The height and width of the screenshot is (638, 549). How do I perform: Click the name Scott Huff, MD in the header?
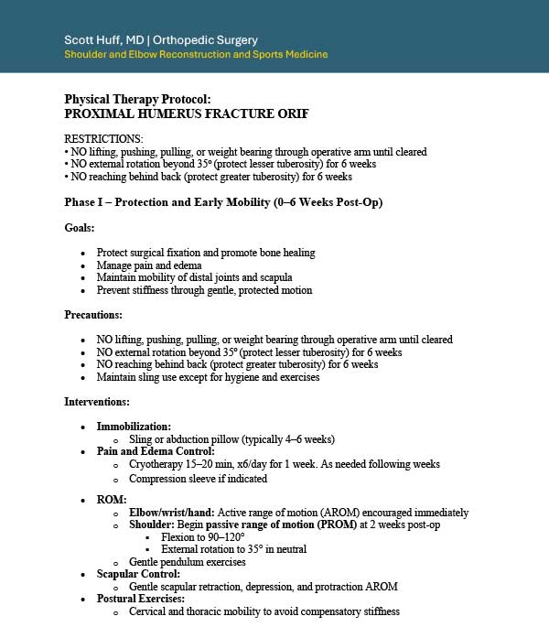tap(104, 39)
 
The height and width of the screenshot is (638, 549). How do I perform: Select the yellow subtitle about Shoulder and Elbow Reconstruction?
tap(196, 55)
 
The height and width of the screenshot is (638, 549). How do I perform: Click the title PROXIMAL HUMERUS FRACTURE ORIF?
tap(186, 114)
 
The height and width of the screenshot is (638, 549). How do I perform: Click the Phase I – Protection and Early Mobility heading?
tap(223, 202)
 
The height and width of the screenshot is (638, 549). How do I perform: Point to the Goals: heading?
tap(80, 228)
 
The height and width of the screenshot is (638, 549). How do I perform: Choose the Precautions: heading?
tap(92, 314)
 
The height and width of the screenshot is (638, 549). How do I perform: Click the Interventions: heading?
tap(97, 401)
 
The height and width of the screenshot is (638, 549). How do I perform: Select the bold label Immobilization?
tap(134, 427)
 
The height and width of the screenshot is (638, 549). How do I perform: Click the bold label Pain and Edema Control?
tap(156, 451)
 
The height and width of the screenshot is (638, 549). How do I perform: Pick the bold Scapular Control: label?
tap(138, 574)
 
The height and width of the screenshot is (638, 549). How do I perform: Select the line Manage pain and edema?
tap(149, 265)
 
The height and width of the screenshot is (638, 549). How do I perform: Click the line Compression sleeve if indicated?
tap(198, 479)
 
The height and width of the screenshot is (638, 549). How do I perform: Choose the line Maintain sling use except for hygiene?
tap(208, 377)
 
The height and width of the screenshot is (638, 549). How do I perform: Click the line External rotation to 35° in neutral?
tap(233, 549)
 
